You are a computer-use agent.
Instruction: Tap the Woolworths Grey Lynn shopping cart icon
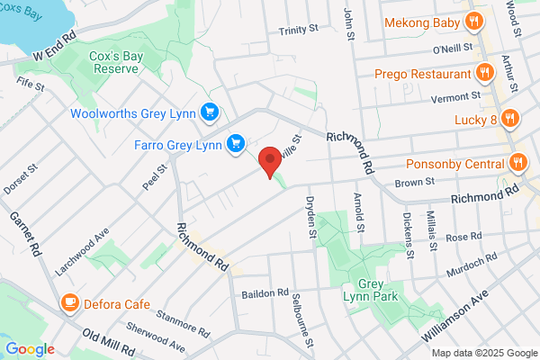pos(211,112)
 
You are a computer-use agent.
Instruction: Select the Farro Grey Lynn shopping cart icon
pos(237,142)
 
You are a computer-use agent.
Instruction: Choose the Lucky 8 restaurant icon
pos(510,117)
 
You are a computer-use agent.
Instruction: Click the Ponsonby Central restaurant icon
pos(517,163)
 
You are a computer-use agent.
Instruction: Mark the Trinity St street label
pos(299,30)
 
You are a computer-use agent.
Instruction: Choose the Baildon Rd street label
pos(265,294)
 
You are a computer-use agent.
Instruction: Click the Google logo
pos(30,348)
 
